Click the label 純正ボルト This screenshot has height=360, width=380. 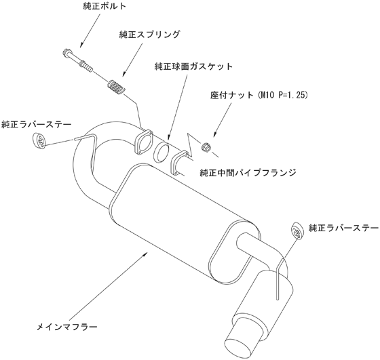pyautogui.click(x=104, y=6)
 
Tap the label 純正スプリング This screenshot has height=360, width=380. pyautogui.click(x=149, y=35)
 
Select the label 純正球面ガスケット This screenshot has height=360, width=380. pyautogui.click(x=193, y=66)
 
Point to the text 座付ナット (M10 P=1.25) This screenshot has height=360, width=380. pyautogui.click(x=259, y=95)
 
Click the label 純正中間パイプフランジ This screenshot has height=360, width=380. pyautogui.click(x=248, y=173)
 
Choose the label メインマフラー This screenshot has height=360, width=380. pyautogui.click(x=67, y=327)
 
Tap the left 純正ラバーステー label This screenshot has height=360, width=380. pyautogui.click(x=37, y=125)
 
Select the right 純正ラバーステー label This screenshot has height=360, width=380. pyautogui.click(x=343, y=228)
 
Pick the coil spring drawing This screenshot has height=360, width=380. pyautogui.click(x=116, y=87)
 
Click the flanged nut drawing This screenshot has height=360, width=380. pyautogui.click(x=206, y=146)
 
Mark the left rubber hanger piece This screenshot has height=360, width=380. pyautogui.click(x=39, y=140)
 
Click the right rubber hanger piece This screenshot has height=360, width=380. pyautogui.click(x=297, y=230)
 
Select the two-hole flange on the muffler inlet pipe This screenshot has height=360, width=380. pyautogui.click(x=143, y=142)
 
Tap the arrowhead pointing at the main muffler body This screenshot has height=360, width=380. pyautogui.click(x=146, y=254)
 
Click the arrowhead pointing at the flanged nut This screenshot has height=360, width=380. pyautogui.click(x=214, y=135)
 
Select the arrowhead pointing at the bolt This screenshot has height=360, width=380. pyautogui.click(x=81, y=44)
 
